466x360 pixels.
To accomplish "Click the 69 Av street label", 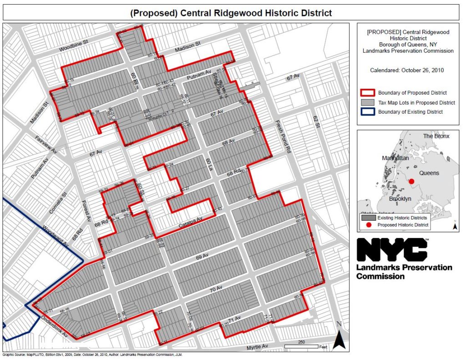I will coord(202,258).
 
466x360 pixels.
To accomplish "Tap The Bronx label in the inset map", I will coord(436,136).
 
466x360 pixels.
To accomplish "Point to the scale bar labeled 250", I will coord(301,346).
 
